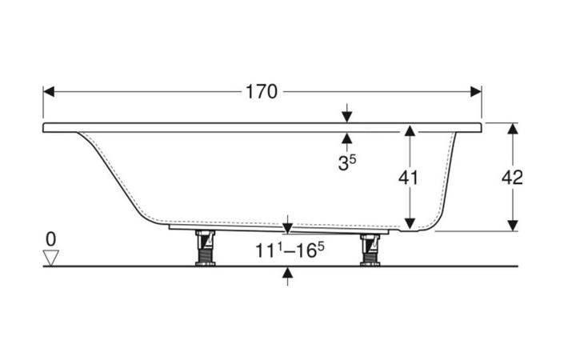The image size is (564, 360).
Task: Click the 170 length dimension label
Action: point(262,91)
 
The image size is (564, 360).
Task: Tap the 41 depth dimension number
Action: point(408,178)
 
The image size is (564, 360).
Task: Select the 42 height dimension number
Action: point(513,178)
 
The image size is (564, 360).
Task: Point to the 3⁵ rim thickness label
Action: point(346,164)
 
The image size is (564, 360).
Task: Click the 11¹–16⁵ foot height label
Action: point(289,250)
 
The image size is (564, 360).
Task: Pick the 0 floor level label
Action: point(52,238)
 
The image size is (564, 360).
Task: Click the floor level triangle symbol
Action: point(52,258)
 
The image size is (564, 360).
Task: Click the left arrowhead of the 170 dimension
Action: point(48,91)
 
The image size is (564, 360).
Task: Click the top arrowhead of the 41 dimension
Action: point(408,130)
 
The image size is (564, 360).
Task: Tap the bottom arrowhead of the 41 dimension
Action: point(408,224)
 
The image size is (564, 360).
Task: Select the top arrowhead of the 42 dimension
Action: point(513,129)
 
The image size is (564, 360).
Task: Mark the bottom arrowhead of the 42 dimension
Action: point(513,226)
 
